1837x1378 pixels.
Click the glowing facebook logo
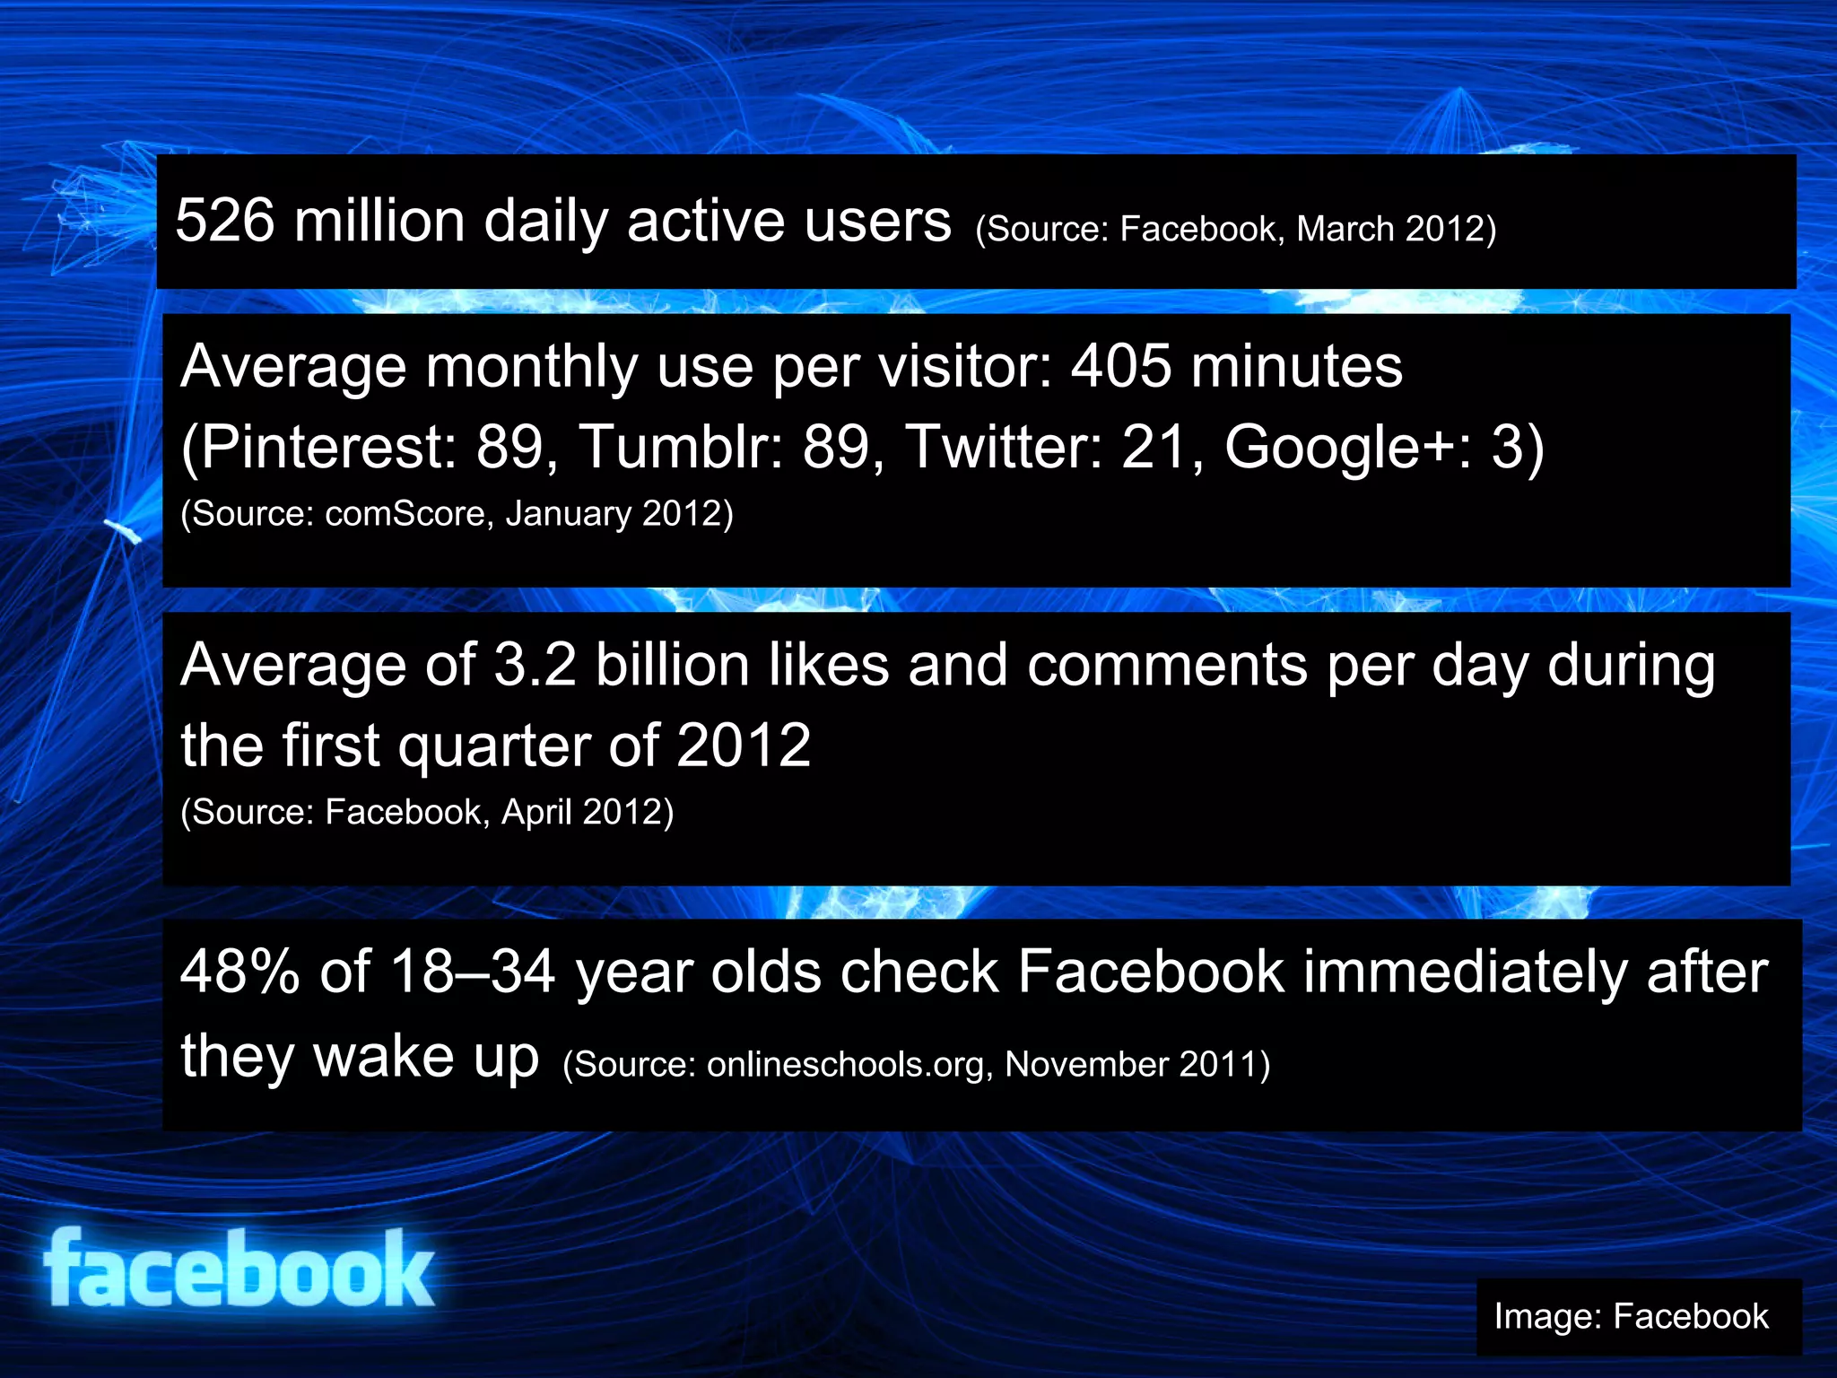(x=239, y=1269)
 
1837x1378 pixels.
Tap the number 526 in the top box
(x=225, y=221)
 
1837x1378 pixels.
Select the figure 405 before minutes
(x=1121, y=367)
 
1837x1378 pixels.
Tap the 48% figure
(x=239, y=972)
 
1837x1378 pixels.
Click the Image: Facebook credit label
(x=1631, y=1316)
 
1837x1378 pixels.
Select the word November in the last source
(x=1086, y=1065)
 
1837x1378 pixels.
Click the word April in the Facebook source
(x=536, y=812)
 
